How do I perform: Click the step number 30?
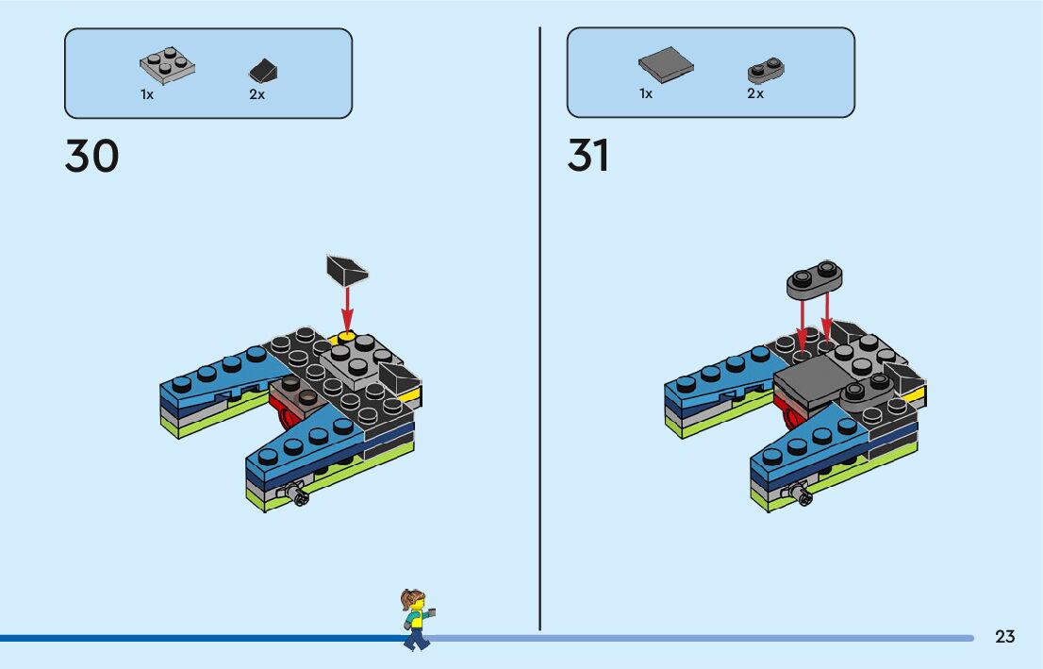91,157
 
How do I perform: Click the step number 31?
588,157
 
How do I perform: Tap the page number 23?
1004,637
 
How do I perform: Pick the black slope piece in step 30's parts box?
262,71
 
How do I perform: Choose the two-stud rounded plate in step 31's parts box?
767,70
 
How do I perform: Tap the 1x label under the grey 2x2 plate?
147,94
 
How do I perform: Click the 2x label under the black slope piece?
257,94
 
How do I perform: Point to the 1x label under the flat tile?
646,93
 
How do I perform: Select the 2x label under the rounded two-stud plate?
754,93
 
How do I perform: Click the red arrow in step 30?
347,307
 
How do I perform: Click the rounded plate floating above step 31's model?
814,277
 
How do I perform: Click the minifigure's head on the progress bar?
414,601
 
